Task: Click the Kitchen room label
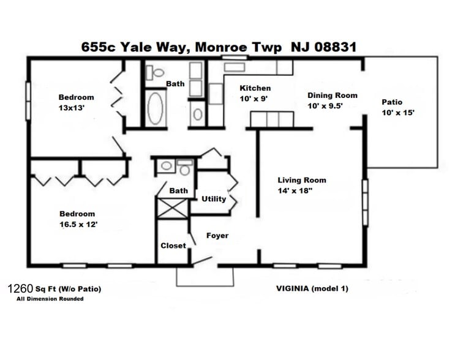tap(255, 88)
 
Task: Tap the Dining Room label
tap(332, 96)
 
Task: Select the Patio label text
tap(392, 102)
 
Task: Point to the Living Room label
tap(302, 180)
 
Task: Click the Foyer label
tap(217, 236)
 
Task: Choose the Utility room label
tap(214, 199)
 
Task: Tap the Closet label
tap(173, 246)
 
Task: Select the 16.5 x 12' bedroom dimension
tap(78, 224)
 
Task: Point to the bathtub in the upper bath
tap(156, 108)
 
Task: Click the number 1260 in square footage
tap(20, 288)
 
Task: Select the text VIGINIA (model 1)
tap(312, 288)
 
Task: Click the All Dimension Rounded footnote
tap(50, 299)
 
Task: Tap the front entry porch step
tap(205, 277)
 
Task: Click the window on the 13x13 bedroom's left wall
tap(28, 100)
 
